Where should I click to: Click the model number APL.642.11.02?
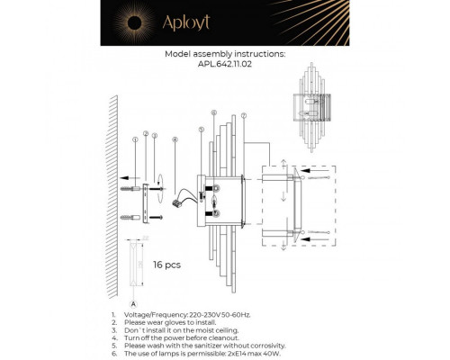[225, 64]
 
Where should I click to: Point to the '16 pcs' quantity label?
[167, 265]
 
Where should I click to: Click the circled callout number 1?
[134, 139]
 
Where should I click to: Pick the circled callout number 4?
[175, 139]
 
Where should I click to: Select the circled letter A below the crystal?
[134, 306]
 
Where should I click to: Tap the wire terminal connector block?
[176, 204]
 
